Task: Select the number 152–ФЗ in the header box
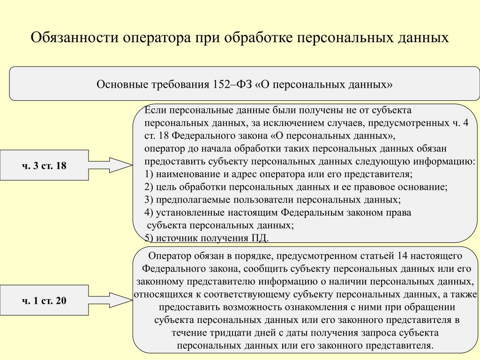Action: (x=232, y=85)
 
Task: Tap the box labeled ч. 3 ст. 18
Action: (x=44, y=165)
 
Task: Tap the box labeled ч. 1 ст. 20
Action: (x=44, y=300)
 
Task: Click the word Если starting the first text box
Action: (x=152, y=111)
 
